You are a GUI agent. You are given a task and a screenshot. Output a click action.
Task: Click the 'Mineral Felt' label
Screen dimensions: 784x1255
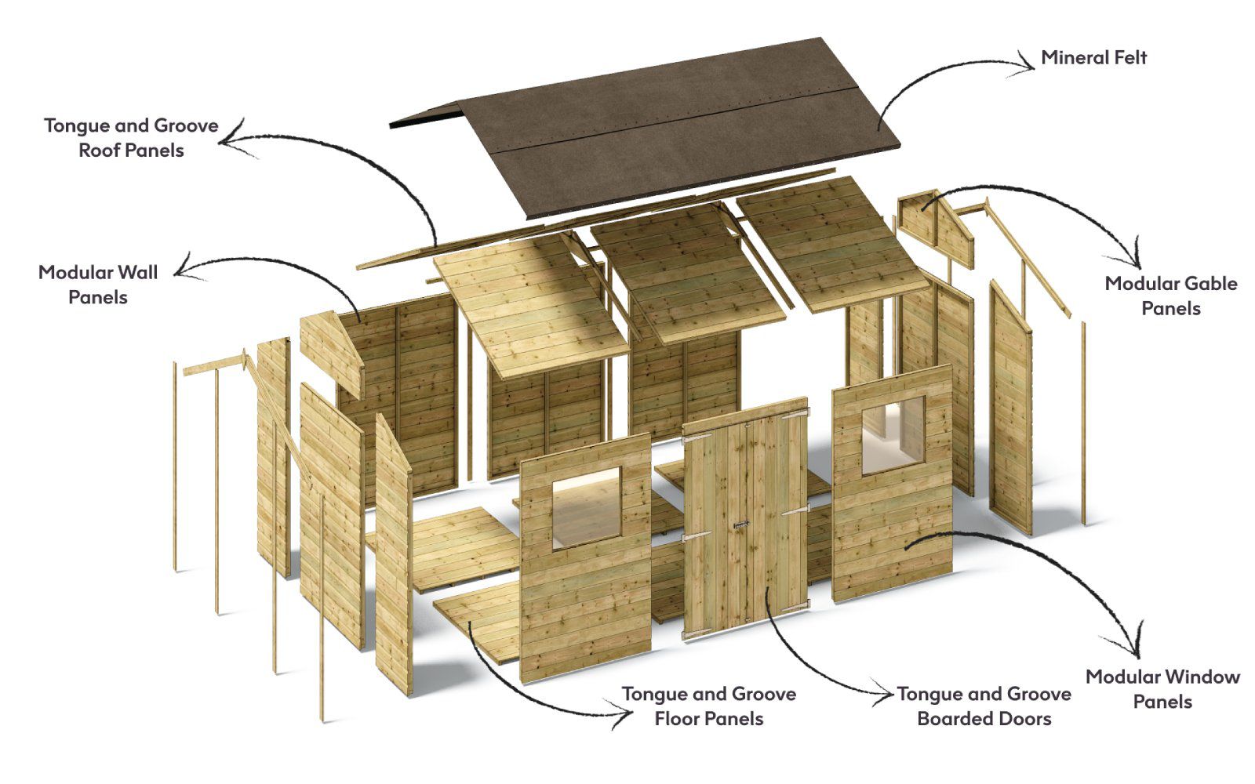[x=1093, y=57]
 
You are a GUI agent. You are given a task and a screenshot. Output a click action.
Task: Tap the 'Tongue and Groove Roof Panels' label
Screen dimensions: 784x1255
[x=131, y=137]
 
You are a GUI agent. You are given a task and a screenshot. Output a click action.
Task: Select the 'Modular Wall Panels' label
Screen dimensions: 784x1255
[x=98, y=284]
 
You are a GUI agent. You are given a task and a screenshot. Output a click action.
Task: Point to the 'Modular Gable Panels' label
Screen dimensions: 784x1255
[x=1170, y=296]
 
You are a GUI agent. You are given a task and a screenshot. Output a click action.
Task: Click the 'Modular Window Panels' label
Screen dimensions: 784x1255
[x=1162, y=688]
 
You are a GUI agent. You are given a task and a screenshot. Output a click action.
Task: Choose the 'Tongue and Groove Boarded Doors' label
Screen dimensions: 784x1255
[x=984, y=706]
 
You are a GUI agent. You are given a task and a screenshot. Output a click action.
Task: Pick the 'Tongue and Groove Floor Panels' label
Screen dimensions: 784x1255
[x=708, y=706]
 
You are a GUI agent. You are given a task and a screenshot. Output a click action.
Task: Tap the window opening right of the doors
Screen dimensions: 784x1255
[x=893, y=436]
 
